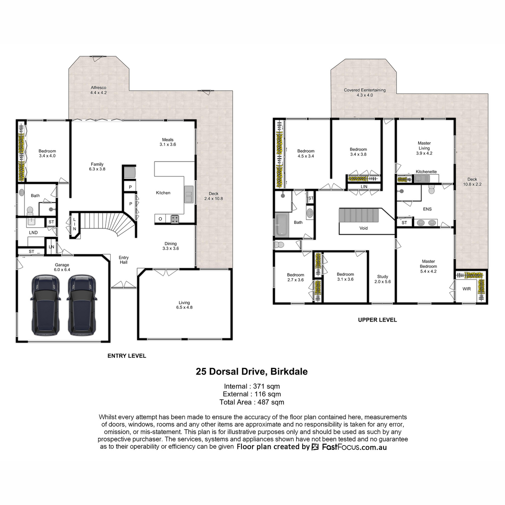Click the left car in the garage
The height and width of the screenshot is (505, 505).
coord(45,305)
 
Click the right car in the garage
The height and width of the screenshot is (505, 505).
coord(82,305)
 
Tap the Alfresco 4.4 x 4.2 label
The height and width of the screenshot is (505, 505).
coord(98,90)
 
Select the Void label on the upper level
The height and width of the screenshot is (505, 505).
coord(364,228)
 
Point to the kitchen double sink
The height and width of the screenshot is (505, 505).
coord(189,194)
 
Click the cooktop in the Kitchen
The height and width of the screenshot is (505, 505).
coord(175,218)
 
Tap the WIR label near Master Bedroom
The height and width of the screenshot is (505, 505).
coord(466,289)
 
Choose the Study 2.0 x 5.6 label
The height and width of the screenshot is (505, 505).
coord(383,279)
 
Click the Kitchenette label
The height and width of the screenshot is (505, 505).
coord(426,172)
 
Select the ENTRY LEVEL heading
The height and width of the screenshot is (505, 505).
coord(127,356)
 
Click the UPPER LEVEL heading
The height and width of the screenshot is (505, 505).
coord(377,320)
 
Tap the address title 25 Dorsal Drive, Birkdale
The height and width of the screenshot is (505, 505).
coord(252,372)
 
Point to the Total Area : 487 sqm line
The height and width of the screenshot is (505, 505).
coord(252,402)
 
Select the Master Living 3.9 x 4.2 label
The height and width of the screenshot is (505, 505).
coord(424,148)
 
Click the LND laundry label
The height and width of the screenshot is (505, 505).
coord(33,232)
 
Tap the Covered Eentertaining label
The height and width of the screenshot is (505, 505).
coord(364,90)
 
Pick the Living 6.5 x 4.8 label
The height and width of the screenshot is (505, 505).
coord(184,305)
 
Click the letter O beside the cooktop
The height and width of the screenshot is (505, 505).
coord(160,219)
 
